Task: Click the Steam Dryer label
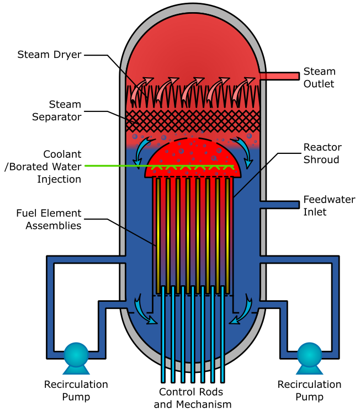pyautogui.click(x=49, y=55)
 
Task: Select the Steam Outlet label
pyautogui.click(x=319, y=78)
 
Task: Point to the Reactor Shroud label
pyautogui.click(x=322, y=153)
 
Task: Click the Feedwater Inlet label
pyautogui.click(x=329, y=205)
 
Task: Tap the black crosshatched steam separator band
pyautogui.click(x=193, y=120)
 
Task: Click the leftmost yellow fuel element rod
pyautogui.click(x=157, y=234)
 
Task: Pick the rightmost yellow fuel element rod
pyautogui.click(x=227, y=234)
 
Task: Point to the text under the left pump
pyautogui.click(x=76, y=390)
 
